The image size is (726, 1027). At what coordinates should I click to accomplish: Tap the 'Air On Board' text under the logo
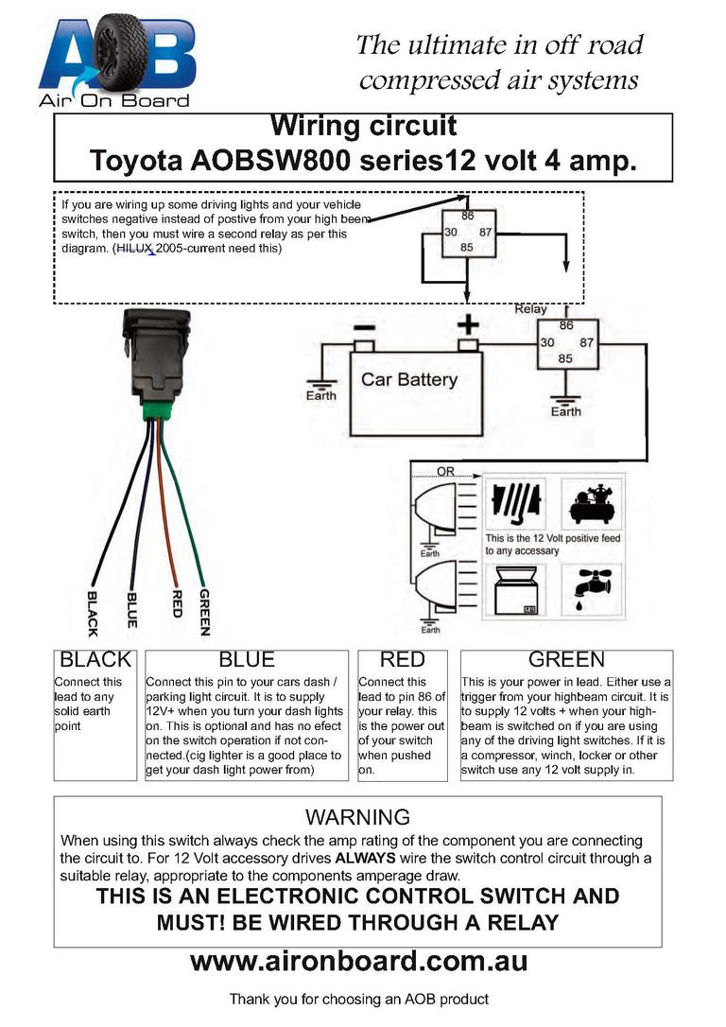click(x=114, y=100)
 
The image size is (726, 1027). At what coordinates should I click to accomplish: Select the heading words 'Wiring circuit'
click(x=363, y=126)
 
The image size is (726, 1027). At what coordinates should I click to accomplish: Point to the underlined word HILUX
click(x=135, y=249)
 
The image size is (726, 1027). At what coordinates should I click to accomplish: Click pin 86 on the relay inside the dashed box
click(x=467, y=216)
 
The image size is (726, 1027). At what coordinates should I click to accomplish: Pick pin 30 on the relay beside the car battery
click(x=547, y=342)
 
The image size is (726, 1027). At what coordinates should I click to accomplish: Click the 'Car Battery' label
click(x=409, y=379)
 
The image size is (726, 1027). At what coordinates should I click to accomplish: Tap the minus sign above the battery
click(x=364, y=327)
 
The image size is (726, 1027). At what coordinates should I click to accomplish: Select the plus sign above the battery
click(x=468, y=324)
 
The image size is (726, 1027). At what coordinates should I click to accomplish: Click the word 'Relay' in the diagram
click(x=530, y=309)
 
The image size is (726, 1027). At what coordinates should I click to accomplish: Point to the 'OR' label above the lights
click(x=446, y=472)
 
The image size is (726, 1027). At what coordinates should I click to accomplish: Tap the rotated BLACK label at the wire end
click(x=93, y=614)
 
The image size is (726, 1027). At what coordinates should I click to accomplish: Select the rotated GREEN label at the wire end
click(x=204, y=612)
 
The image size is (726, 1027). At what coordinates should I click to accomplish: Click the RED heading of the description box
click(x=403, y=659)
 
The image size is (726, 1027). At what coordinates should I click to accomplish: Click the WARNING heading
click(x=357, y=817)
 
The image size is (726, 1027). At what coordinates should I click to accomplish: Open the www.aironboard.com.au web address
click(x=358, y=962)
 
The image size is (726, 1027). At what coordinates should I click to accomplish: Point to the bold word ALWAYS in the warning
click(x=365, y=858)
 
